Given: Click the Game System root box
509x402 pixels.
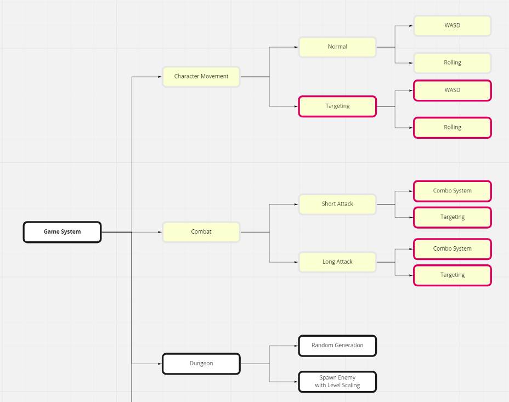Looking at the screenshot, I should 62,232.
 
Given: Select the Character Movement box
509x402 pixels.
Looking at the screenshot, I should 201,77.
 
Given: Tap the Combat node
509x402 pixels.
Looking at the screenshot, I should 201,232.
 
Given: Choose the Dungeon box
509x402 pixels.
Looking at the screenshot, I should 201,364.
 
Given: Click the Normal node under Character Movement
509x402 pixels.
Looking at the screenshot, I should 337,47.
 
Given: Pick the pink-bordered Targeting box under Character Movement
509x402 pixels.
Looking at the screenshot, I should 337,106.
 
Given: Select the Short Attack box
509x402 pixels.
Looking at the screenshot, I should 337,204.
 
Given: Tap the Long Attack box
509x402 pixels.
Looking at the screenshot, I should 337,262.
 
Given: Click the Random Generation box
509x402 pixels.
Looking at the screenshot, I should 337,346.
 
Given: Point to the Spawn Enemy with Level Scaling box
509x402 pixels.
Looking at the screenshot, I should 337,382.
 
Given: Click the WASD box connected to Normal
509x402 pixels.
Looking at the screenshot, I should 452,26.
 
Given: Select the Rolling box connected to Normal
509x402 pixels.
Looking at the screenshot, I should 452,63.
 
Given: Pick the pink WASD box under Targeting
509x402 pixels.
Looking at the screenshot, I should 452,90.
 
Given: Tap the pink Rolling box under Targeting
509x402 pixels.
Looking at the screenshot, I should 452,128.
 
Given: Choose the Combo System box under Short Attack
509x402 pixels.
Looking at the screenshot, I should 452,191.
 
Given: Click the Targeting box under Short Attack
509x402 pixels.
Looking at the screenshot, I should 452,218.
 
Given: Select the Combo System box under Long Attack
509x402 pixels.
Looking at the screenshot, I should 452,249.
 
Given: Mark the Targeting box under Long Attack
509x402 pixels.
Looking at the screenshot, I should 452,275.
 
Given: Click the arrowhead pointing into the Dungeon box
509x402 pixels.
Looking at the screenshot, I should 160,364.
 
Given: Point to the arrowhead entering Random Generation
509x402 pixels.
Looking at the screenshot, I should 296,346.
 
